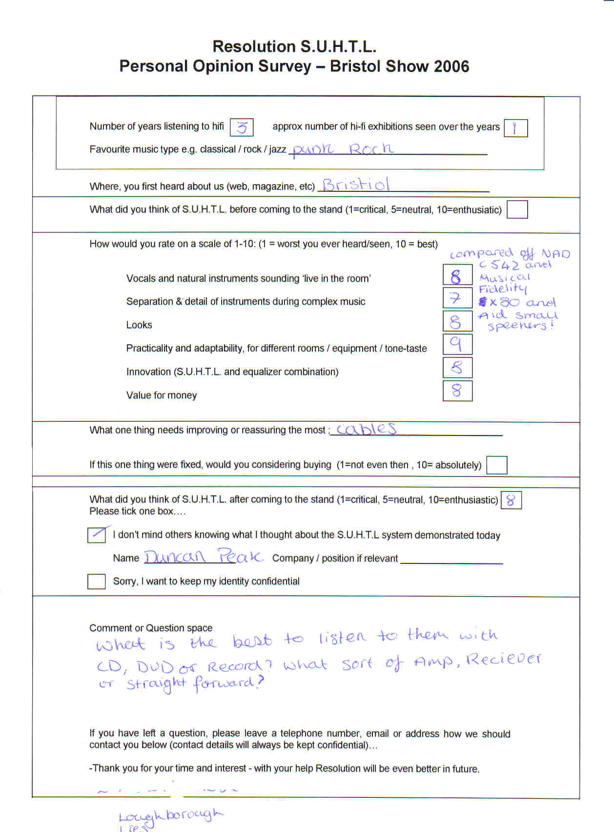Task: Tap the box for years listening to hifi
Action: pyautogui.click(x=241, y=127)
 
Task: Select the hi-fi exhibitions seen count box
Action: pyautogui.click(x=515, y=128)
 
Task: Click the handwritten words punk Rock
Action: pyautogui.click(x=342, y=148)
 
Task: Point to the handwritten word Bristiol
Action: pyautogui.click(x=356, y=185)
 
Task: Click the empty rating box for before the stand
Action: pyautogui.click(x=517, y=210)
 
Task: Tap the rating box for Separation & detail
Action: pyautogui.click(x=457, y=298)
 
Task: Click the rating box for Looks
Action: pyautogui.click(x=457, y=321)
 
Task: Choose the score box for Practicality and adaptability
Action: pyautogui.click(x=457, y=344)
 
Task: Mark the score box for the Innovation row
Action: pyautogui.click(x=457, y=368)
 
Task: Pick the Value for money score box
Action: pyautogui.click(x=457, y=391)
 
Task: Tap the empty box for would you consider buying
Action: pyautogui.click(x=497, y=465)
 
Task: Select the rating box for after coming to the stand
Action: pyautogui.click(x=511, y=500)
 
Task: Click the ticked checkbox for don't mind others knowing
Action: pyautogui.click(x=97, y=535)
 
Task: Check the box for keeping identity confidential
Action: pyautogui.click(x=97, y=581)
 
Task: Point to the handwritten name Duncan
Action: pyautogui.click(x=175, y=557)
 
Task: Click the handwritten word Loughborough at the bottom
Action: pyautogui.click(x=170, y=815)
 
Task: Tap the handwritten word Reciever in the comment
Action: pyautogui.click(x=503, y=660)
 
